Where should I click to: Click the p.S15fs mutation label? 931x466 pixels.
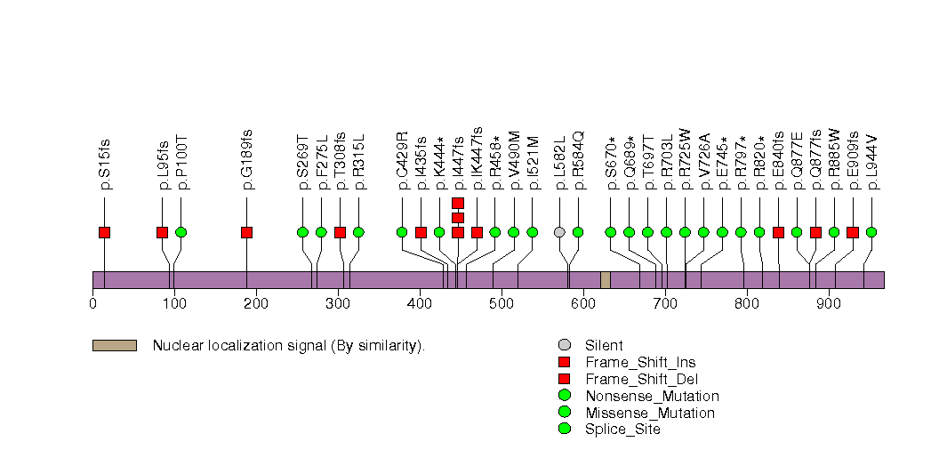coord(105,164)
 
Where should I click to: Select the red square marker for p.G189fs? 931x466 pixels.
coord(246,232)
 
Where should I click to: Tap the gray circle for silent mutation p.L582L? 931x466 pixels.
coord(559,232)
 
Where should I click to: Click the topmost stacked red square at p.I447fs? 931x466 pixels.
coord(458,203)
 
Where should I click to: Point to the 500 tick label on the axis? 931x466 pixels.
coord(502,304)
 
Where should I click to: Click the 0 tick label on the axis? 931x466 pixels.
coord(92,304)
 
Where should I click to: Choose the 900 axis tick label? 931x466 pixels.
coord(829,304)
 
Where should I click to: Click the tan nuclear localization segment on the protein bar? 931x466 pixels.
coord(606,280)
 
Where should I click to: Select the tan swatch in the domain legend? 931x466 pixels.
coord(114,345)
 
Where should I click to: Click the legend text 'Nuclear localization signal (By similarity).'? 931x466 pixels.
coord(289,345)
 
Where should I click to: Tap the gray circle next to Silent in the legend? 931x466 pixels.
coord(564,345)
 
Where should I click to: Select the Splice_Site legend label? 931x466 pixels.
coord(622,430)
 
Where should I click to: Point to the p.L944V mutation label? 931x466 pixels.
coord(872,162)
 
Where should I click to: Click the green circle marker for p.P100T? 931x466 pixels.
coord(181,232)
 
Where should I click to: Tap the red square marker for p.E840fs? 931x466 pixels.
coord(778,232)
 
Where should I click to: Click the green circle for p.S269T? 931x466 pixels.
coord(302,232)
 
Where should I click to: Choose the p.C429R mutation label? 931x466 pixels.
coord(402,161)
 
